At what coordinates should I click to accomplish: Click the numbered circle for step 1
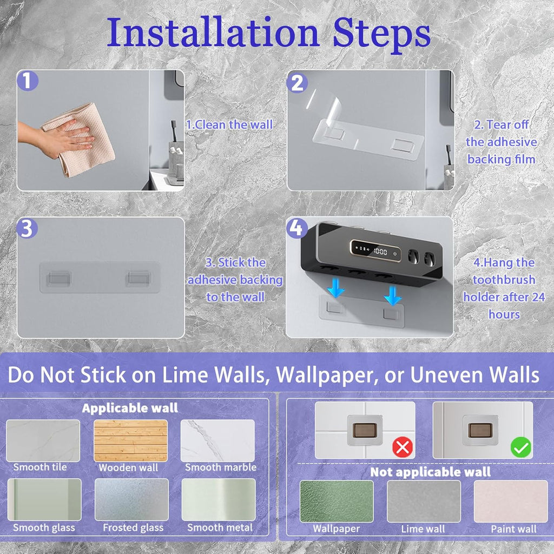(x=27, y=81)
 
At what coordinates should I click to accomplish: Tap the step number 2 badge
(x=297, y=83)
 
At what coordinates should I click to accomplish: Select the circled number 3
(x=27, y=228)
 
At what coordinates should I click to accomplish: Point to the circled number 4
(x=296, y=228)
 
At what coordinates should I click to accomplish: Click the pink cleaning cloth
(x=79, y=139)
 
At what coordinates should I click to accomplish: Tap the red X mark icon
(x=403, y=447)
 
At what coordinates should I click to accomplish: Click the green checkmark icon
(x=521, y=447)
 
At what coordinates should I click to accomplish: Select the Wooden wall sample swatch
(x=130, y=440)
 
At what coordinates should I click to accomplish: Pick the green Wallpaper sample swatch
(x=337, y=501)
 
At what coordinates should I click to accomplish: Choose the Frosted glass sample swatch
(x=131, y=499)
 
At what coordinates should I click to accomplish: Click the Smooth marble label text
(x=221, y=467)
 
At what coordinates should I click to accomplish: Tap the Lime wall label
(x=423, y=529)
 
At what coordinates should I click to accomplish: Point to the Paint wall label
(x=513, y=529)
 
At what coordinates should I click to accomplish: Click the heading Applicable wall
(x=130, y=408)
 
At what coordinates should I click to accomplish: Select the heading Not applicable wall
(x=430, y=472)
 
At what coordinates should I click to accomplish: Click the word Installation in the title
(x=213, y=32)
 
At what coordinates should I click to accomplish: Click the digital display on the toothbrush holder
(x=375, y=250)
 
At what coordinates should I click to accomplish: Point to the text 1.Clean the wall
(x=229, y=124)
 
